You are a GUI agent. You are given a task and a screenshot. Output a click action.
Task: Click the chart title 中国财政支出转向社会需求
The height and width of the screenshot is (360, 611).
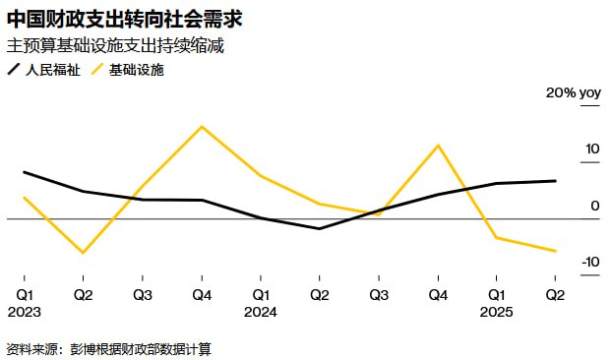[x=126, y=19]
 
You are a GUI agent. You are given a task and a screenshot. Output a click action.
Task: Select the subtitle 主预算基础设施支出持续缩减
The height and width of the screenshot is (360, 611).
[x=114, y=46]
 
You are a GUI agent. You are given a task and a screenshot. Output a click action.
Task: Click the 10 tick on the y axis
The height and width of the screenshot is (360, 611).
[x=591, y=150]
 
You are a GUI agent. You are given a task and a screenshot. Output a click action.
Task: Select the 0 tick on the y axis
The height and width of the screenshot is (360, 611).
[x=595, y=206]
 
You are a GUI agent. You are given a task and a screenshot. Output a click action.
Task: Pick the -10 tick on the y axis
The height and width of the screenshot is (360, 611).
[x=589, y=262]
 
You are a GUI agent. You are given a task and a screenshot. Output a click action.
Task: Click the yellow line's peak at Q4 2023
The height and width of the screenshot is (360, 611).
[x=202, y=126]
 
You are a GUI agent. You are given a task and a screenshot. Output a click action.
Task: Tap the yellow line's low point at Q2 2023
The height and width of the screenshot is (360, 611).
[x=84, y=253]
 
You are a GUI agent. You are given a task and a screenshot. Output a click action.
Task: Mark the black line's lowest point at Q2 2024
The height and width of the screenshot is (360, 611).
[x=319, y=228]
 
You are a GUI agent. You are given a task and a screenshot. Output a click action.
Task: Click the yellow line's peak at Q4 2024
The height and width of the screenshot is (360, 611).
[x=437, y=145]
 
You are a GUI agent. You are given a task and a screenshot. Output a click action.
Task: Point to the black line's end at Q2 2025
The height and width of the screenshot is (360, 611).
[x=555, y=181]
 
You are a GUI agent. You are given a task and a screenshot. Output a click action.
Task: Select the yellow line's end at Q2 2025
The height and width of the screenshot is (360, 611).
[x=555, y=251]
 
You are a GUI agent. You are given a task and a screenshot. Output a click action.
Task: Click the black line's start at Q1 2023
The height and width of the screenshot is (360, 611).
[x=25, y=172]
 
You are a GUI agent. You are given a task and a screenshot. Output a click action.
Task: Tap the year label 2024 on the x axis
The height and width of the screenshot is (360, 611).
[x=261, y=312]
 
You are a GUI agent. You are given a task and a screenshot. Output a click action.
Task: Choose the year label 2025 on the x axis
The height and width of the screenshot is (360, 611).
[x=496, y=312]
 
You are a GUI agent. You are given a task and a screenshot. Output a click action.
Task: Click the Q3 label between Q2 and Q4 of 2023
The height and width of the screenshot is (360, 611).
[x=143, y=294]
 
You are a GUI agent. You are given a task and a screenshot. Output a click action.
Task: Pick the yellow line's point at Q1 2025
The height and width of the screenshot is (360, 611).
[x=496, y=237]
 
